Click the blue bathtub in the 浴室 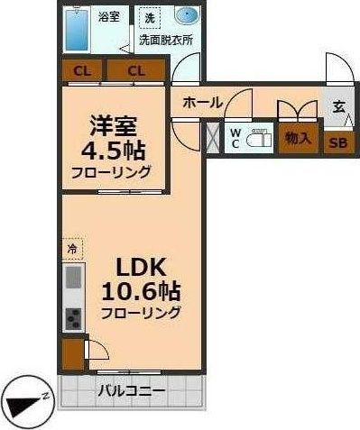(77, 30)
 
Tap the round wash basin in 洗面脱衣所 (187, 15)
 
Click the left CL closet (82, 71)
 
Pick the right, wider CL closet (136, 71)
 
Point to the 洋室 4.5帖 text (113, 138)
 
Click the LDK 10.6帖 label (141, 279)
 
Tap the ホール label (203, 103)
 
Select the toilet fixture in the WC (259, 139)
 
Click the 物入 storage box (298, 139)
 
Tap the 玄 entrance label (339, 107)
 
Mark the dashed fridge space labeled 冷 (72, 249)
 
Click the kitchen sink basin (74, 278)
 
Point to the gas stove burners (74, 319)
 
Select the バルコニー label (132, 391)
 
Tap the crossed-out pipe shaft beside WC (213, 138)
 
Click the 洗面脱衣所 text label (166, 40)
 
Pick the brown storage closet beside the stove (73, 354)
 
